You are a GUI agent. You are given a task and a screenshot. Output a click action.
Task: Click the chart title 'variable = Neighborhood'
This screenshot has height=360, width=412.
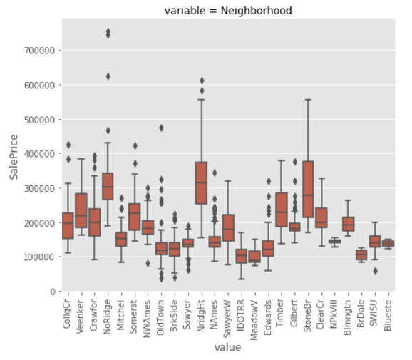228,10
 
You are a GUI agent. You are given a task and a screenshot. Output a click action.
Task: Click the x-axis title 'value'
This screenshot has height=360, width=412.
228,348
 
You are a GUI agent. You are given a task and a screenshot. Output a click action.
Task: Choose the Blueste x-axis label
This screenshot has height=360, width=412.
389,314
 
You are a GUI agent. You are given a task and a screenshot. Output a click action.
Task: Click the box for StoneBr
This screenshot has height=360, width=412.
309,189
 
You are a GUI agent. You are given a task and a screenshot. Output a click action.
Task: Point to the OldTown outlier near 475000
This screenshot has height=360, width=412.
161,128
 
